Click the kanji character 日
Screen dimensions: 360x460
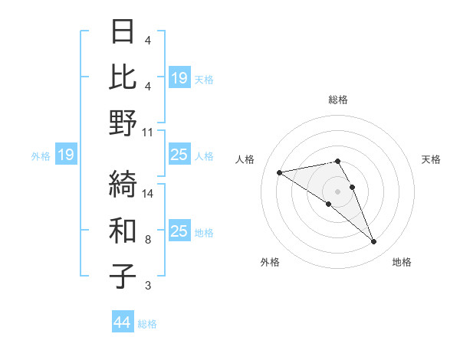pos(123,33)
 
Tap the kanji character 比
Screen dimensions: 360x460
pos(123,77)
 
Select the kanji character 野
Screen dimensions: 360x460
pos(123,123)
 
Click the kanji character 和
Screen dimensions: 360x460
pos(123,230)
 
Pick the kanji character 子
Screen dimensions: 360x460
pos(123,276)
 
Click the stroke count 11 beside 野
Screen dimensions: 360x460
pos(148,132)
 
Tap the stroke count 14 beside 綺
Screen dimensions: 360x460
pos(148,194)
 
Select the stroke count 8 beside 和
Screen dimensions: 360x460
pos(148,240)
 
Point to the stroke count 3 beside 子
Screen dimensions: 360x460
pos(148,286)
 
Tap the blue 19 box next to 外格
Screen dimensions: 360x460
pos(65,155)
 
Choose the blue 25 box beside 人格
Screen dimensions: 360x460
pos(179,155)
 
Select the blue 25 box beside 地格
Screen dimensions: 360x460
pos(179,231)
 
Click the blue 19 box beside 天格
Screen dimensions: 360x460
pos(179,78)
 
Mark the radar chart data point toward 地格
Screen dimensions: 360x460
pos(374,242)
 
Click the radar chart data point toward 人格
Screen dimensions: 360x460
pos(279,172)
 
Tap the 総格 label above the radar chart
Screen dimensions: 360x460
pos(337,100)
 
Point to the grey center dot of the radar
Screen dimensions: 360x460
pos(337,191)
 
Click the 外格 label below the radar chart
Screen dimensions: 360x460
pos(270,262)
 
